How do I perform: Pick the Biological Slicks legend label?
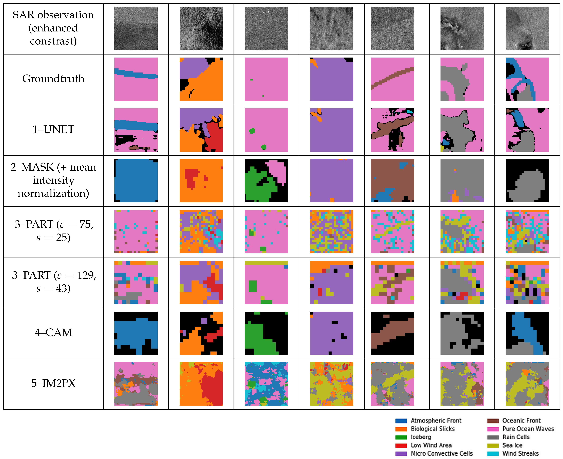[x=432, y=429]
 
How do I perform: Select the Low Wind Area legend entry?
[x=431, y=445]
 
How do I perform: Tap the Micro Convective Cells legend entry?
[x=441, y=453]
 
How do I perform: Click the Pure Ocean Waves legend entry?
[x=528, y=429]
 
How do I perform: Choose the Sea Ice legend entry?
[x=512, y=445]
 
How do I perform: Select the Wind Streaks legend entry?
[x=520, y=453]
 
